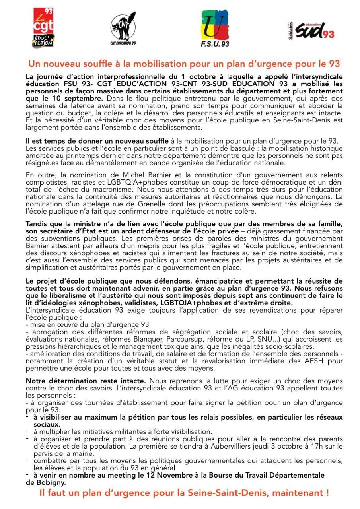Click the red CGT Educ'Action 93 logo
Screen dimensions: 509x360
click(43, 27)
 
